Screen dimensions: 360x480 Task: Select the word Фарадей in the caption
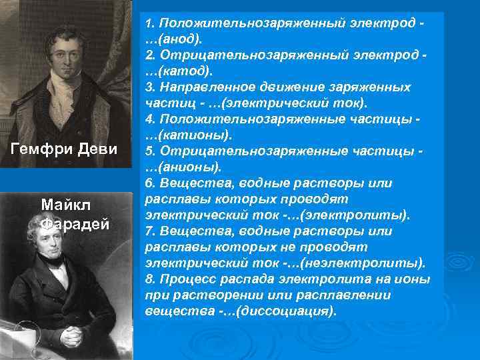73,223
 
